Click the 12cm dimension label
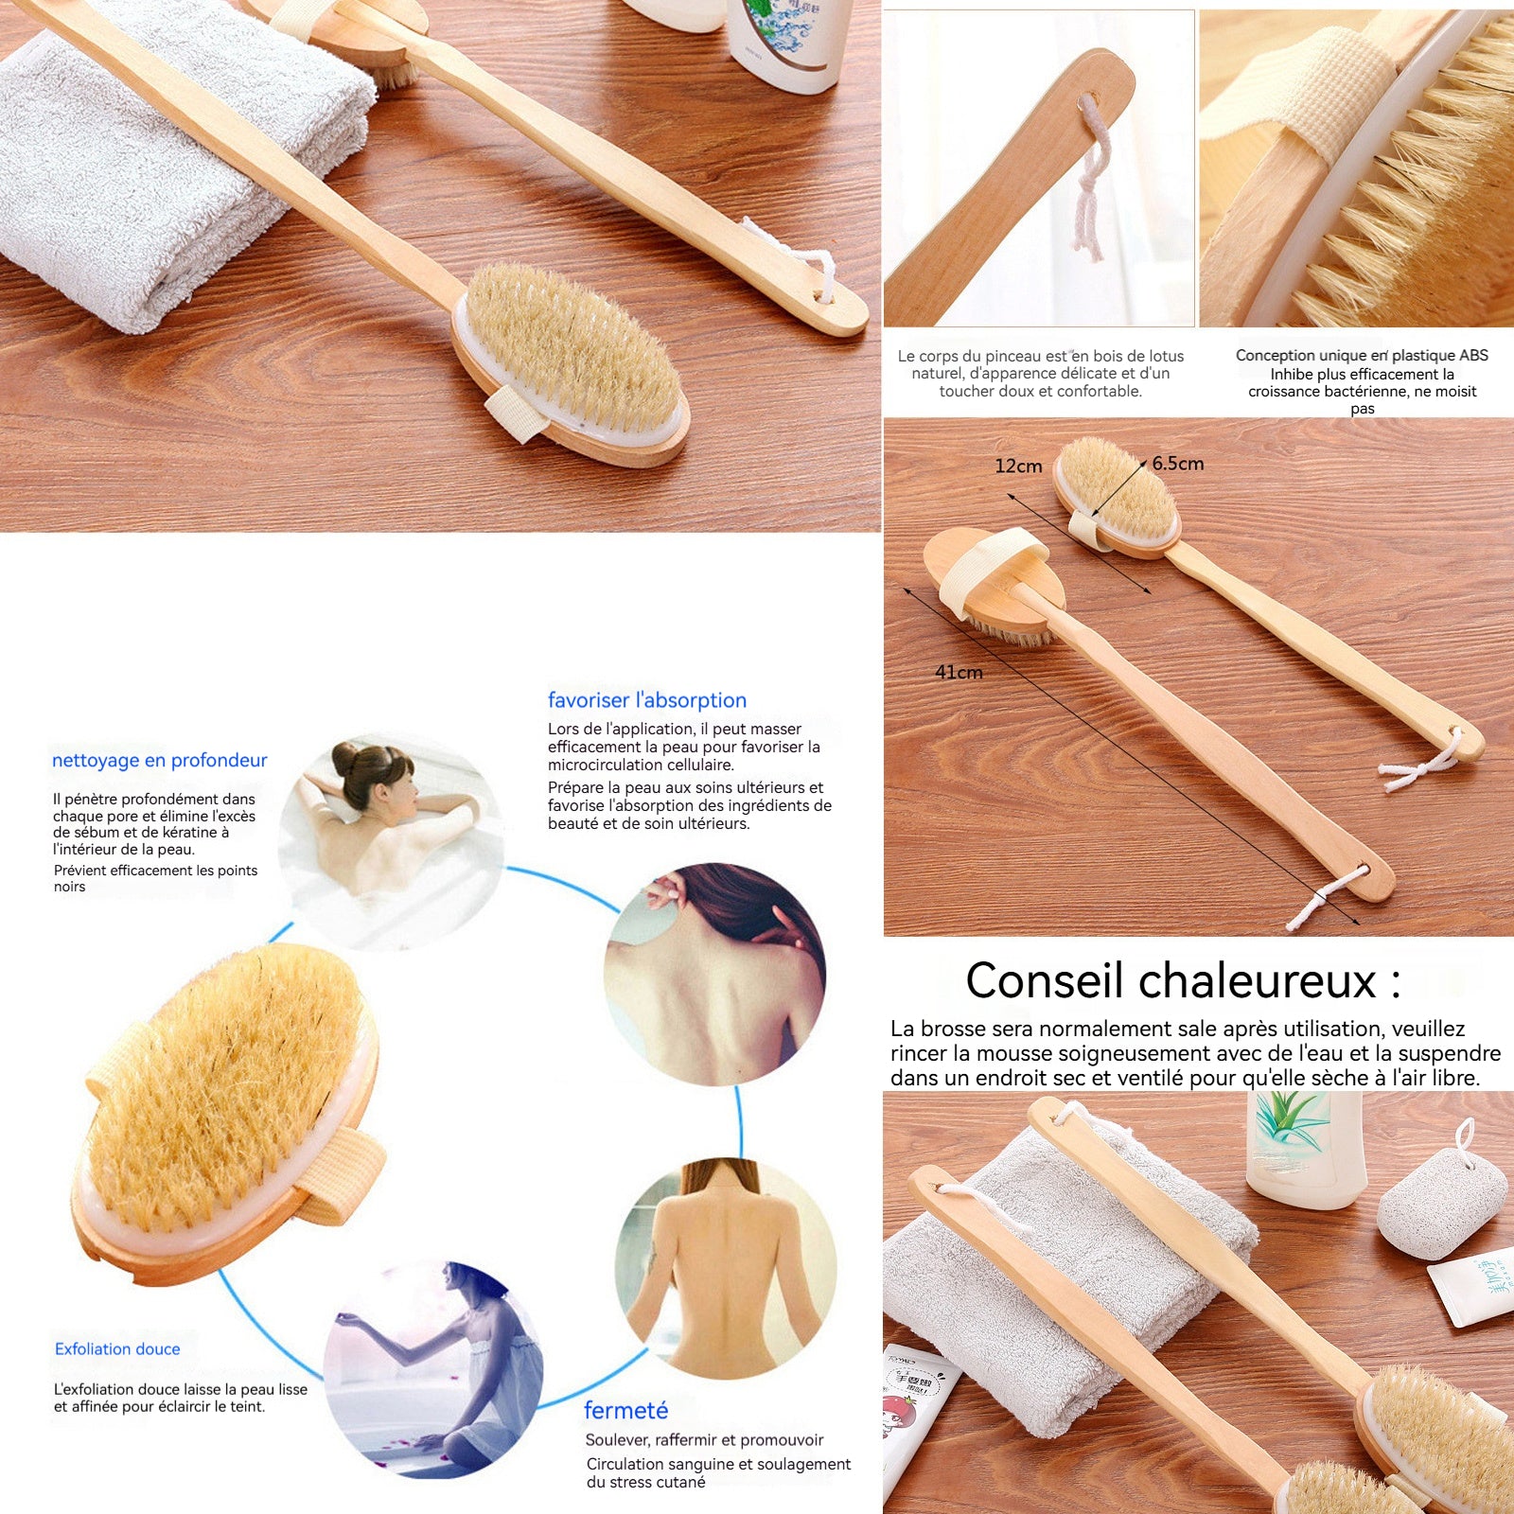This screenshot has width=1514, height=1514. (1018, 466)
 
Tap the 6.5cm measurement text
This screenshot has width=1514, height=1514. (1178, 464)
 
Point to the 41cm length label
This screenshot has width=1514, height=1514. (959, 672)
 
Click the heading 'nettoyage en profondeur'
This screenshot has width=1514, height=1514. (159, 760)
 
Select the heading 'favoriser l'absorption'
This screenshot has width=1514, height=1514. (647, 700)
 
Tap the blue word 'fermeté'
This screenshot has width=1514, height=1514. (625, 1410)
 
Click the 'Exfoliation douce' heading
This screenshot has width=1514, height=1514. (117, 1348)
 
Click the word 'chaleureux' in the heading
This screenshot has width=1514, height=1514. (1258, 980)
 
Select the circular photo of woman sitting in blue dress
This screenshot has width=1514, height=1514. (433, 1368)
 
